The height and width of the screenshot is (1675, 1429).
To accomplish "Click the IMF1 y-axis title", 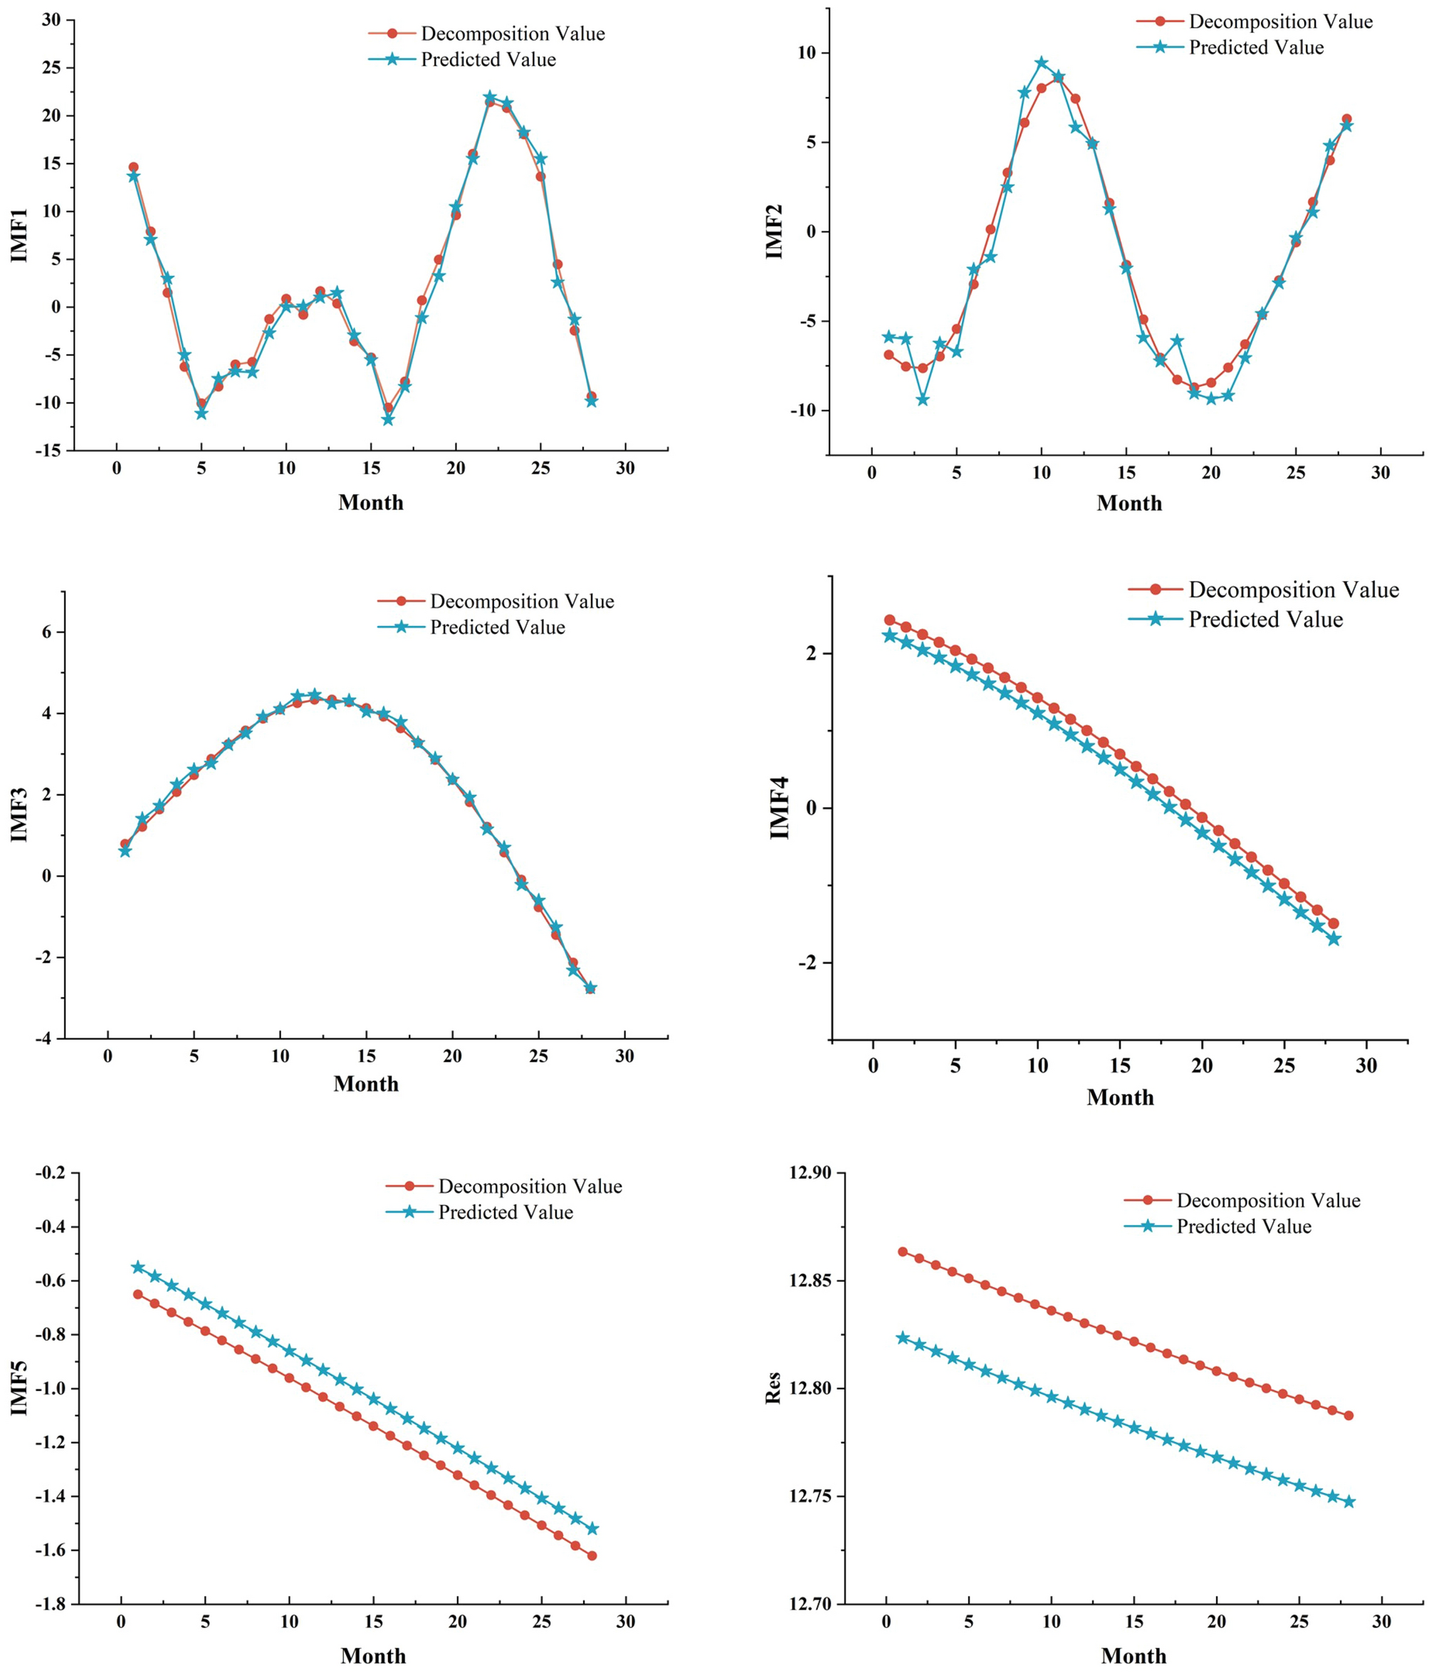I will pyautogui.click(x=19, y=235).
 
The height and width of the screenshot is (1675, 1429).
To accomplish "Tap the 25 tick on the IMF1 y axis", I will pyautogui.click(x=51, y=67).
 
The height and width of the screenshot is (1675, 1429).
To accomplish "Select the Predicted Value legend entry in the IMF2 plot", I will pyautogui.click(x=1255, y=48).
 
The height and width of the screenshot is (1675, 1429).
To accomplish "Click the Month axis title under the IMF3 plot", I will pyautogui.click(x=366, y=1084).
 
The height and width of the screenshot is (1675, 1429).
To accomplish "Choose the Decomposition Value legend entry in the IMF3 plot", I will pyautogui.click(x=521, y=602).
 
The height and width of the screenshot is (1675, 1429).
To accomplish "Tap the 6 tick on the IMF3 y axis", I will pyautogui.click(x=46, y=632).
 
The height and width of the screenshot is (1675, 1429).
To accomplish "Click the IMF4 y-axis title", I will pyautogui.click(x=779, y=808).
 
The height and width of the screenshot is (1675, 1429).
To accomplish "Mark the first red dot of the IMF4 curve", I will pyautogui.click(x=890, y=620).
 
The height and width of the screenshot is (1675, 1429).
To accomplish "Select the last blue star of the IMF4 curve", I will pyautogui.click(x=1334, y=939).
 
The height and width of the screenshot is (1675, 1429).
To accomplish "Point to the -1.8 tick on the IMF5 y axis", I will pyautogui.click(x=51, y=1604).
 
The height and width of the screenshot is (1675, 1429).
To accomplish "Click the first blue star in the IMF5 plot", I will pyautogui.click(x=138, y=1267).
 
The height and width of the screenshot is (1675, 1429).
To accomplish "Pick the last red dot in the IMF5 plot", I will pyautogui.click(x=592, y=1555).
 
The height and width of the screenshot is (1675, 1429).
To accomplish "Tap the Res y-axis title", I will pyautogui.click(x=773, y=1387).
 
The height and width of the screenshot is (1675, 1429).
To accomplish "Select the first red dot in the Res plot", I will pyautogui.click(x=903, y=1251).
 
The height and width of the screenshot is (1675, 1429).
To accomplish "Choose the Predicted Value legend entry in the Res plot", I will pyautogui.click(x=1243, y=1226).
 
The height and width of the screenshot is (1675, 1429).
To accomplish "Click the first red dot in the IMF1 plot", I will pyautogui.click(x=133, y=167).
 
